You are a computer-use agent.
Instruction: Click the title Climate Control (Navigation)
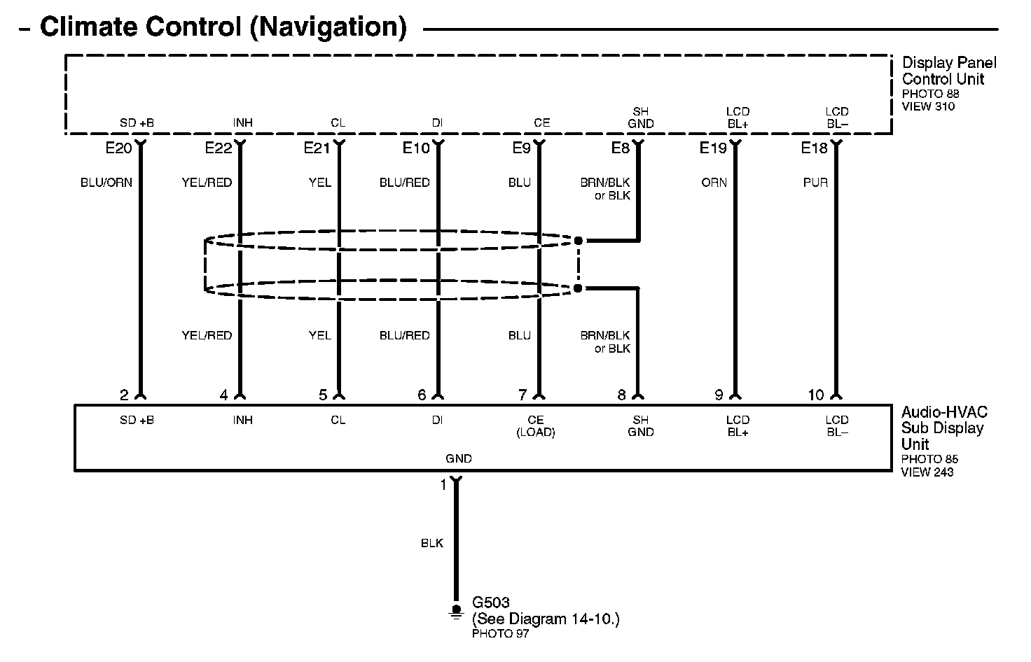point(223,28)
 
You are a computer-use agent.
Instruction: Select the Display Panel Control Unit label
point(948,71)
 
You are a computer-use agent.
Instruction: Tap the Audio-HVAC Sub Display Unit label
point(943,428)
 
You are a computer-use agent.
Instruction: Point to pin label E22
point(218,148)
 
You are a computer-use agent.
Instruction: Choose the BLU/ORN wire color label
point(106,183)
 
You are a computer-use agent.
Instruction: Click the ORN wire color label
point(714,183)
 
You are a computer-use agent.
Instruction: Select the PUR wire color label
point(815,183)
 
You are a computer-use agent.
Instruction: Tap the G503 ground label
point(491,603)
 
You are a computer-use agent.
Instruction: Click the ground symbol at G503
point(456,612)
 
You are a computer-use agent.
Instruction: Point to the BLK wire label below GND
point(432,543)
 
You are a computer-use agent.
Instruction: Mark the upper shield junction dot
point(578,241)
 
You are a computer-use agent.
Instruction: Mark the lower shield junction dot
point(578,288)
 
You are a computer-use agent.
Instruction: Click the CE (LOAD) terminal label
point(535,426)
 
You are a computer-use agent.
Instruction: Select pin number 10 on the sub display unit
point(816,395)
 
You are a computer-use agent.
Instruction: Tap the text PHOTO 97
point(500,634)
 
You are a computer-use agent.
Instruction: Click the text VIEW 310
point(928,106)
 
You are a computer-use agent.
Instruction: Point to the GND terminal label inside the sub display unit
point(459,459)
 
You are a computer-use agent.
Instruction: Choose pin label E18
point(815,148)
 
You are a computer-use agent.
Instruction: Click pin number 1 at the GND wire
point(443,484)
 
